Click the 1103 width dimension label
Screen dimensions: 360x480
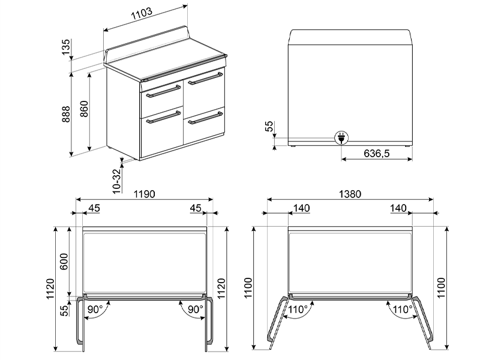tap(142, 12)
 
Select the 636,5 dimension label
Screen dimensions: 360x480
tap(377, 154)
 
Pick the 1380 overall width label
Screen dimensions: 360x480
tap(350, 194)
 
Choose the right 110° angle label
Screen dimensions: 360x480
tap(401, 310)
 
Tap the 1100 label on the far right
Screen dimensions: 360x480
tap(443, 289)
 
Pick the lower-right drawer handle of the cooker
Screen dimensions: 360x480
tap(206, 118)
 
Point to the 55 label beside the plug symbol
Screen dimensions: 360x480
tap(269, 127)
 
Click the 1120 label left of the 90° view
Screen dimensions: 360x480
tap(50, 289)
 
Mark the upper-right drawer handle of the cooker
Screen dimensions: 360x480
tap(206, 78)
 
